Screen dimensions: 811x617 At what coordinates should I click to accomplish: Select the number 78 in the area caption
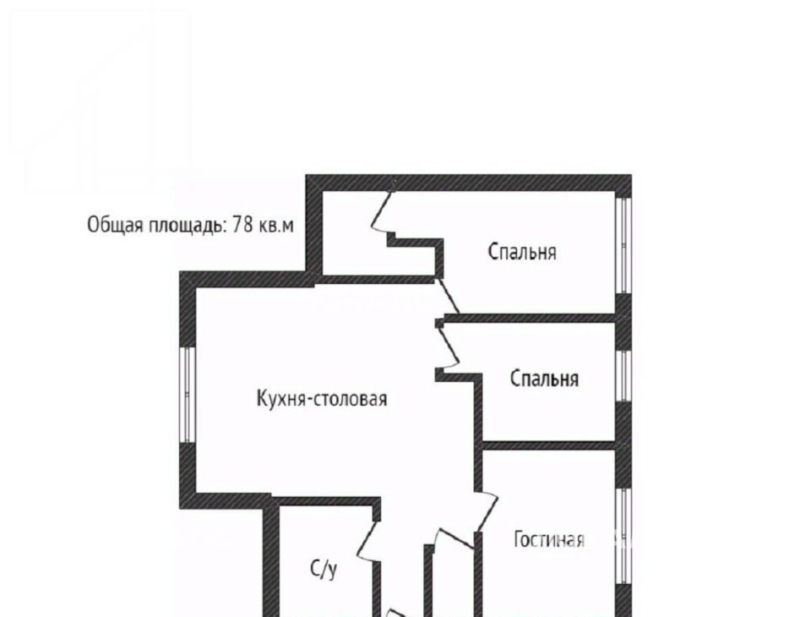tap(243, 225)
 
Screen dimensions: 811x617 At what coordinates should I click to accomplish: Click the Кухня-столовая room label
tap(322, 399)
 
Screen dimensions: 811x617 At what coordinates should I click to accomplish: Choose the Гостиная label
tap(549, 540)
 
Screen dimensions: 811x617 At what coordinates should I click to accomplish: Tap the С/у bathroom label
tap(324, 569)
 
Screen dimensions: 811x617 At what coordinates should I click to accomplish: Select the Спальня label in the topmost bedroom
tap(522, 252)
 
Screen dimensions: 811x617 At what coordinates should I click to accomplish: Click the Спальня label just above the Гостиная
tap(544, 379)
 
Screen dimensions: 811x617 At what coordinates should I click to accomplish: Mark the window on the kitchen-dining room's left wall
tap(188, 395)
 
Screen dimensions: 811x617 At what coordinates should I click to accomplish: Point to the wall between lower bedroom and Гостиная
tap(549, 445)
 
